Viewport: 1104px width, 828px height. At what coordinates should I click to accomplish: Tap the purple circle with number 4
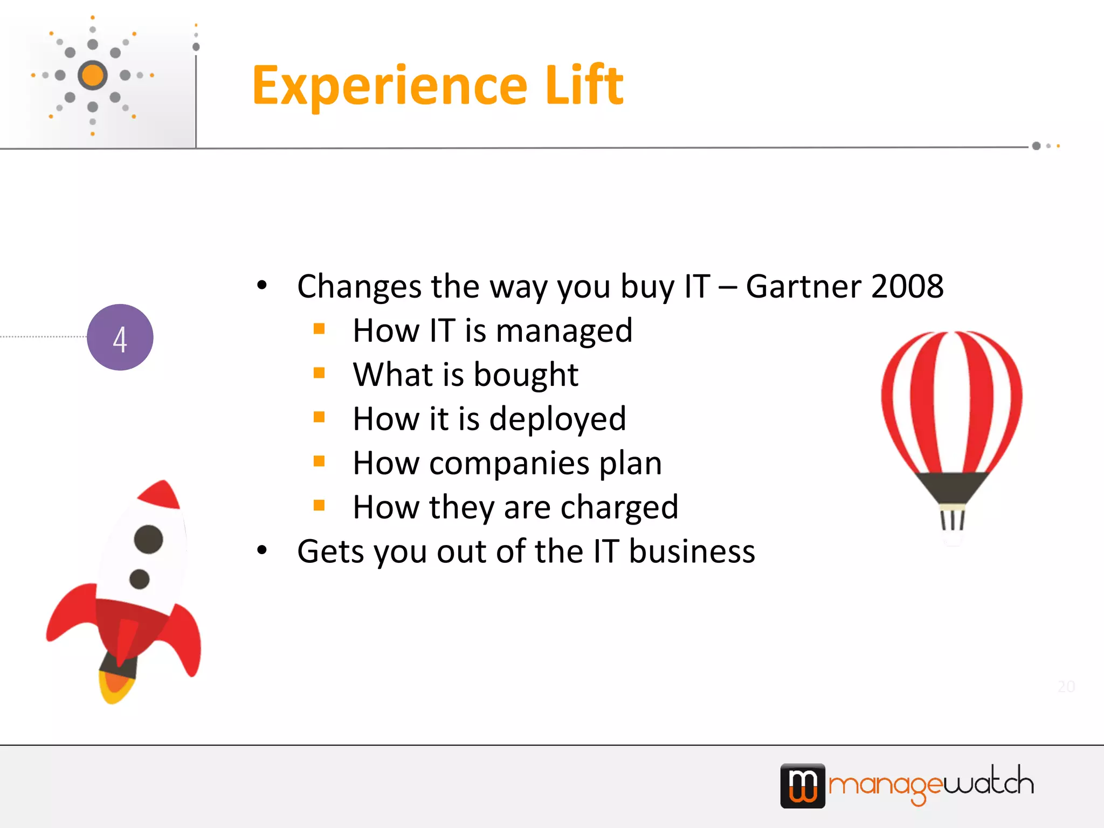click(x=120, y=337)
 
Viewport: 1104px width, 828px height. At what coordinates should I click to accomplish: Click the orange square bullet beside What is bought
click(x=319, y=373)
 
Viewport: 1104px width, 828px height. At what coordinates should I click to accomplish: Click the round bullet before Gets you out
click(x=262, y=550)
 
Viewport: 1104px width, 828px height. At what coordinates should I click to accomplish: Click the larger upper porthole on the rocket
click(x=148, y=539)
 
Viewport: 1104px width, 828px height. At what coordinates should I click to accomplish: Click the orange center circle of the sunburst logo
click(x=93, y=75)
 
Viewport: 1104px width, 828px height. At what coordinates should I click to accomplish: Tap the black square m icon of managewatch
click(x=803, y=785)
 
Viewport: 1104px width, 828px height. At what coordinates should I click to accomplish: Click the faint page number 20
click(x=1066, y=686)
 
